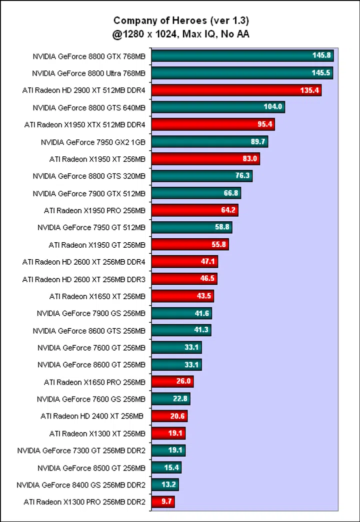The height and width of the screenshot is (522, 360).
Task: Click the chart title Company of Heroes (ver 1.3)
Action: click(181, 20)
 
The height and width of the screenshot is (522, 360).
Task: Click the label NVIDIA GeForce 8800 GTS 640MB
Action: click(89, 107)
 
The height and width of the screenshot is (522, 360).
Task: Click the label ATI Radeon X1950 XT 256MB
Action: click(97, 159)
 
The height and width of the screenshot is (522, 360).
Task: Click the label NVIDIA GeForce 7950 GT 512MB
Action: click(91, 227)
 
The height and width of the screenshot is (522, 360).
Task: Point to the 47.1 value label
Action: click(207, 262)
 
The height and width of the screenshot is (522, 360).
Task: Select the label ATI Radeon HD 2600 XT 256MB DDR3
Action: click(84, 279)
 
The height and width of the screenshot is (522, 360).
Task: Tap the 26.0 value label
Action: click(183, 382)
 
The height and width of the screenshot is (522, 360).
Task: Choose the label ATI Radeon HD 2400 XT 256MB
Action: click(92, 416)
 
